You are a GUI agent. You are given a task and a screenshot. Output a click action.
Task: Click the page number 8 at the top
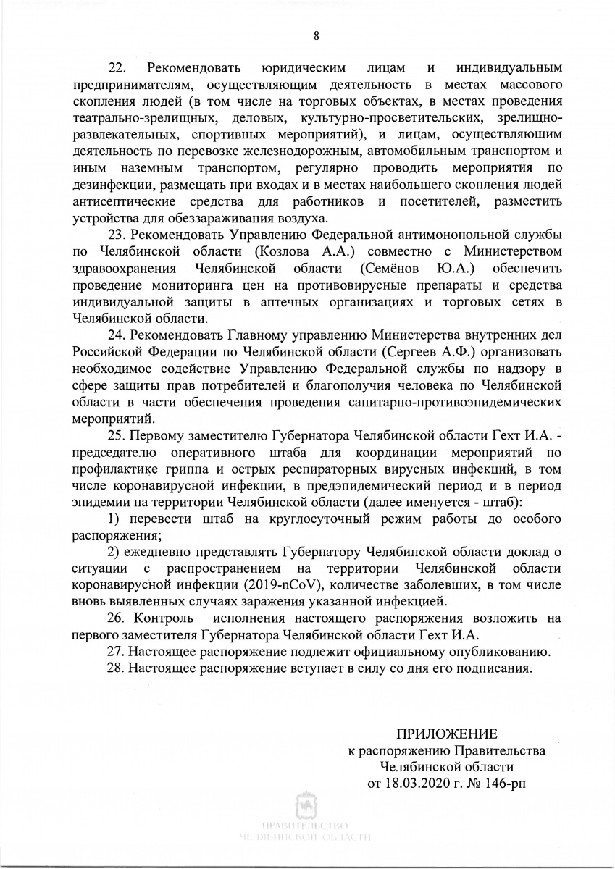(317, 35)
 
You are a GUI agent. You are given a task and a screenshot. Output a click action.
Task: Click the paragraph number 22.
(117, 69)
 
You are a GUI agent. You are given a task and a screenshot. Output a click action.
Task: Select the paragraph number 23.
(117, 235)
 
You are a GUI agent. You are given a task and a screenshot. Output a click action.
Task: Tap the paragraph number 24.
(117, 335)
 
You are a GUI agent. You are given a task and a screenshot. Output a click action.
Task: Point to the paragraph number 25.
(117, 436)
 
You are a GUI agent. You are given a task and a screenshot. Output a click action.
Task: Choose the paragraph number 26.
(117, 619)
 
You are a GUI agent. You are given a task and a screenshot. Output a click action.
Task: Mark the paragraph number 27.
(117, 652)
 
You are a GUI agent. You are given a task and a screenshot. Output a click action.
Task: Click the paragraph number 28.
(117, 668)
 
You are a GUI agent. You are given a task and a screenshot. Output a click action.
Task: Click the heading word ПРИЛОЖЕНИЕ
(446, 734)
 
